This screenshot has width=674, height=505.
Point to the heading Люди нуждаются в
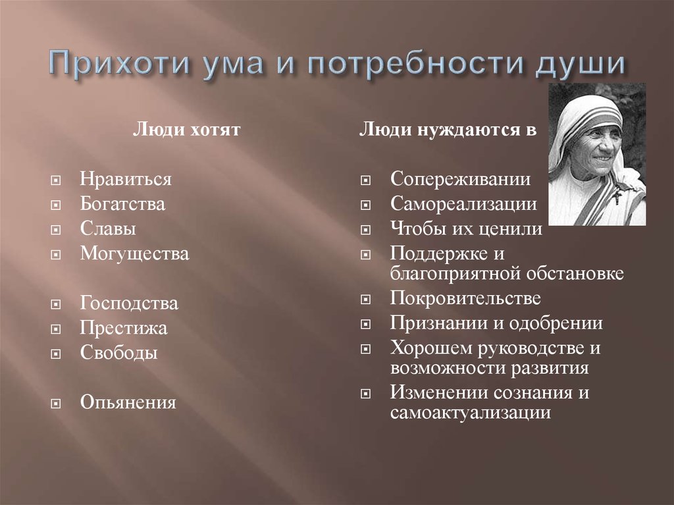(448, 130)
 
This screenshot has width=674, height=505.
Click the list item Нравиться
(126, 179)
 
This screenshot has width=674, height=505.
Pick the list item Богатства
(122, 204)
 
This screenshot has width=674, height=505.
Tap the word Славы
(109, 229)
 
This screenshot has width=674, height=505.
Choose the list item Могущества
(134, 254)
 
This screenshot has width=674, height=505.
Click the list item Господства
(129, 304)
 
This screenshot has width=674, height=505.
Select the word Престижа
(124, 328)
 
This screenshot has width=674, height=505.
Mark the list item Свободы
(119, 353)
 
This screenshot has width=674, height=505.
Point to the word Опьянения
(128, 402)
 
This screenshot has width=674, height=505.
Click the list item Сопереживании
(460, 179)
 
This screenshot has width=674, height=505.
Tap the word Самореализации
(463, 204)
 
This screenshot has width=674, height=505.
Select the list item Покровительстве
(465, 298)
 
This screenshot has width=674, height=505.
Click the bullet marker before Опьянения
(57, 402)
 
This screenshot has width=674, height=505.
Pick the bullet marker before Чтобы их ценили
(366, 230)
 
